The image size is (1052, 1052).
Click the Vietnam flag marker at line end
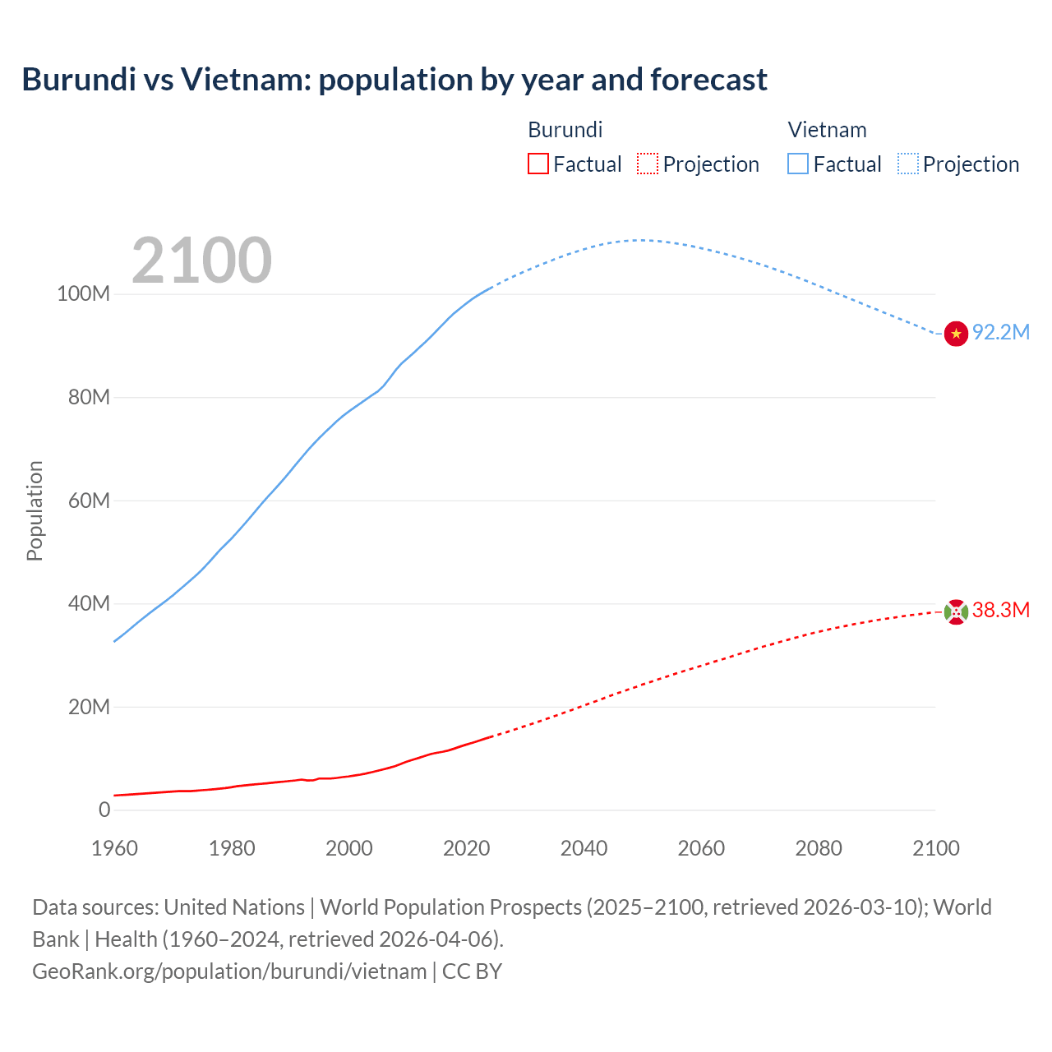(956, 334)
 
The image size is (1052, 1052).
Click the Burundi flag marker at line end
(956, 611)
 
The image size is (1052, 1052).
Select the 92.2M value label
(1000, 332)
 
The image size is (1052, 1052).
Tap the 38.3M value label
(1000, 610)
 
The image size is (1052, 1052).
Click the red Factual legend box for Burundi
(538, 164)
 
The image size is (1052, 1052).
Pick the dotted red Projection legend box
(648, 164)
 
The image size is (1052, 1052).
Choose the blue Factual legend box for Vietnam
(798, 164)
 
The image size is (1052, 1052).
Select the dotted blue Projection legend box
(908, 164)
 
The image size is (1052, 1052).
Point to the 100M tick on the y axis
(83, 294)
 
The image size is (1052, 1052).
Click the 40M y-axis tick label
(89, 604)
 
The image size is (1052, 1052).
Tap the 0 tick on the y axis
(104, 810)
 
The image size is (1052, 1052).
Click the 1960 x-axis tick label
(114, 848)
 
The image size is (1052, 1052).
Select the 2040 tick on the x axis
(584, 848)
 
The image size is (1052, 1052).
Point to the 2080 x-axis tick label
(819, 848)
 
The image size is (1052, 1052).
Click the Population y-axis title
(35, 510)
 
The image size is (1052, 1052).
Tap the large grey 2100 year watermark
(201, 261)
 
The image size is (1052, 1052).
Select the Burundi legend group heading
(565, 130)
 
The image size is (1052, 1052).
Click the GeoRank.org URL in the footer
(229, 971)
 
